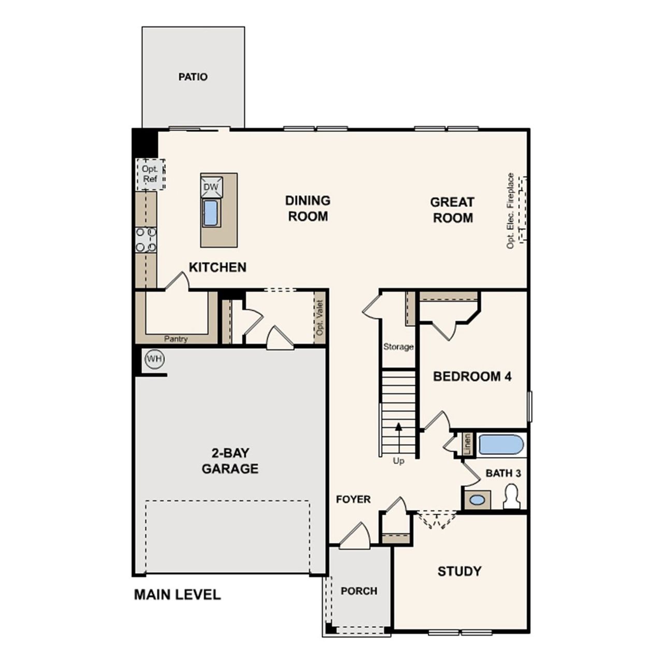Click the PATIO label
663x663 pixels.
pyautogui.click(x=193, y=77)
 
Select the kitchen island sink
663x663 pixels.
pyautogui.click(x=211, y=213)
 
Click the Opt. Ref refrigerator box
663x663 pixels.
pyautogui.click(x=150, y=175)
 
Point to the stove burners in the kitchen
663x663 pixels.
pyautogui.click(x=146, y=240)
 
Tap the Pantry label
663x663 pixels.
pyautogui.click(x=176, y=339)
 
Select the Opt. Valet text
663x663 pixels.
pyautogui.click(x=320, y=318)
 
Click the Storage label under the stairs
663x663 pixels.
pyautogui.click(x=398, y=347)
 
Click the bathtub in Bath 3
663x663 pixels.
pyautogui.click(x=500, y=445)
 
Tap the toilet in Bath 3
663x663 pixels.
pyautogui.click(x=512, y=496)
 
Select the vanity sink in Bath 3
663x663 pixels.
pyautogui.click(x=477, y=500)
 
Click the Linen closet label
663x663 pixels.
pyautogui.click(x=468, y=444)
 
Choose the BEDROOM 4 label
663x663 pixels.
pyautogui.click(x=472, y=376)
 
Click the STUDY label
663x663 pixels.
pyautogui.click(x=459, y=571)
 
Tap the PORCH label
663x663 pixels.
pyautogui.click(x=359, y=591)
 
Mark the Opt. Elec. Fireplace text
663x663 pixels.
pyautogui.click(x=511, y=211)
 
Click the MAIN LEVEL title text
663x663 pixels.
pyautogui.click(x=177, y=595)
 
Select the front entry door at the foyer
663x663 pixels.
pyautogui.click(x=355, y=536)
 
